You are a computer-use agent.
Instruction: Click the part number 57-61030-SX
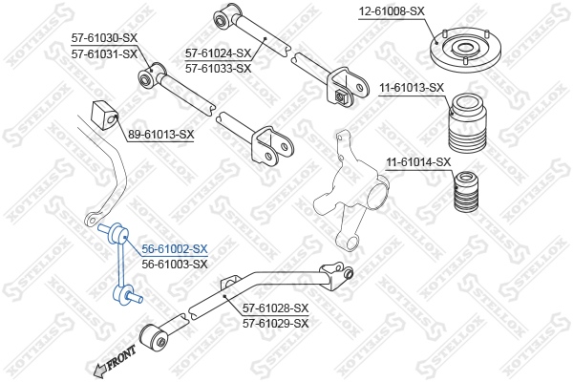(x=104, y=37)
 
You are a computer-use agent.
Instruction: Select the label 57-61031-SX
(x=104, y=53)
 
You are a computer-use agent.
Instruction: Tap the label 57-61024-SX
(x=218, y=53)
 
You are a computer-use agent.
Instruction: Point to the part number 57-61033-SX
(x=218, y=69)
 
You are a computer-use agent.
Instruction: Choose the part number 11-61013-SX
(x=412, y=88)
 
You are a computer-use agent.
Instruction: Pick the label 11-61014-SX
(x=417, y=161)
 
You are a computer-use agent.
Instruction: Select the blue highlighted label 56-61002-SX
(x=174, y=248)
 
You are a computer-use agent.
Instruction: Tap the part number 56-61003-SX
(x=174, y=264)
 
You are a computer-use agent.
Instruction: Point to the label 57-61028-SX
(x=276, y=308)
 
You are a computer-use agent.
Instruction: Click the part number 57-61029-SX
(x=276, y=324)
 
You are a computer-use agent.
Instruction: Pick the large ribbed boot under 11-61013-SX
(x=467, y=124)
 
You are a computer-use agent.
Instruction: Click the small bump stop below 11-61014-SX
(x=467, y=195)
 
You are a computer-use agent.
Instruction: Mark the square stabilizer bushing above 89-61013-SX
(x=104, y=114)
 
